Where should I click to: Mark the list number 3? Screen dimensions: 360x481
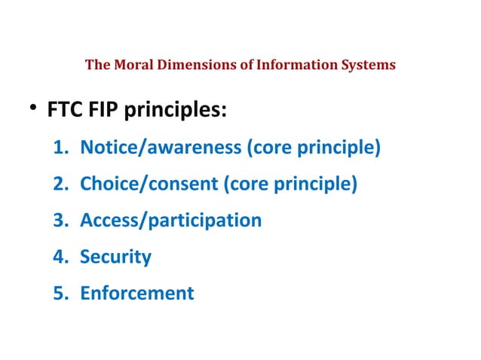(x=61, y=221)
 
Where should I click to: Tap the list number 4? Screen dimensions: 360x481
(x=61, y=257)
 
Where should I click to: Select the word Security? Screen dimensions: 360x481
(x=116, y=257)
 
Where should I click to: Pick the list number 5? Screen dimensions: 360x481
(x=61, y=293)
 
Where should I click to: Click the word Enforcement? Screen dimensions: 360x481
(x=137, y=293)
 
